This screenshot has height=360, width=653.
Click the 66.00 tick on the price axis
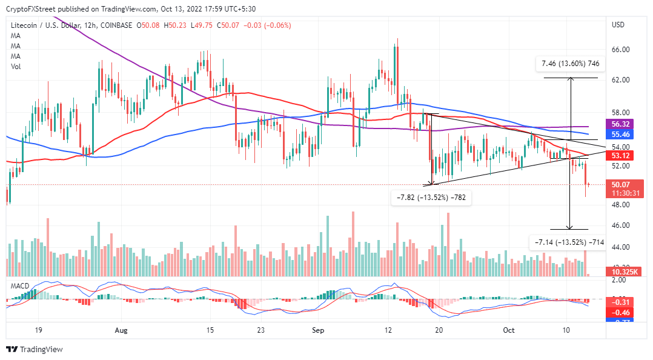click(622, 50)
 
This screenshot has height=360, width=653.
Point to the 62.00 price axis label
click(622, 80)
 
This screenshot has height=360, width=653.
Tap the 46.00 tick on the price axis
click(622, 225)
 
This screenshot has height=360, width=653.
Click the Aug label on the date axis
click(121, 330)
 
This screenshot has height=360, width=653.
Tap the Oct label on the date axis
click(508, 330)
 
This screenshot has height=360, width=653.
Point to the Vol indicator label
click(16, 67)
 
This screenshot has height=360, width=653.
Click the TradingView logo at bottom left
click(34, 350)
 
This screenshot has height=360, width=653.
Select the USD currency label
click(618, 25)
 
